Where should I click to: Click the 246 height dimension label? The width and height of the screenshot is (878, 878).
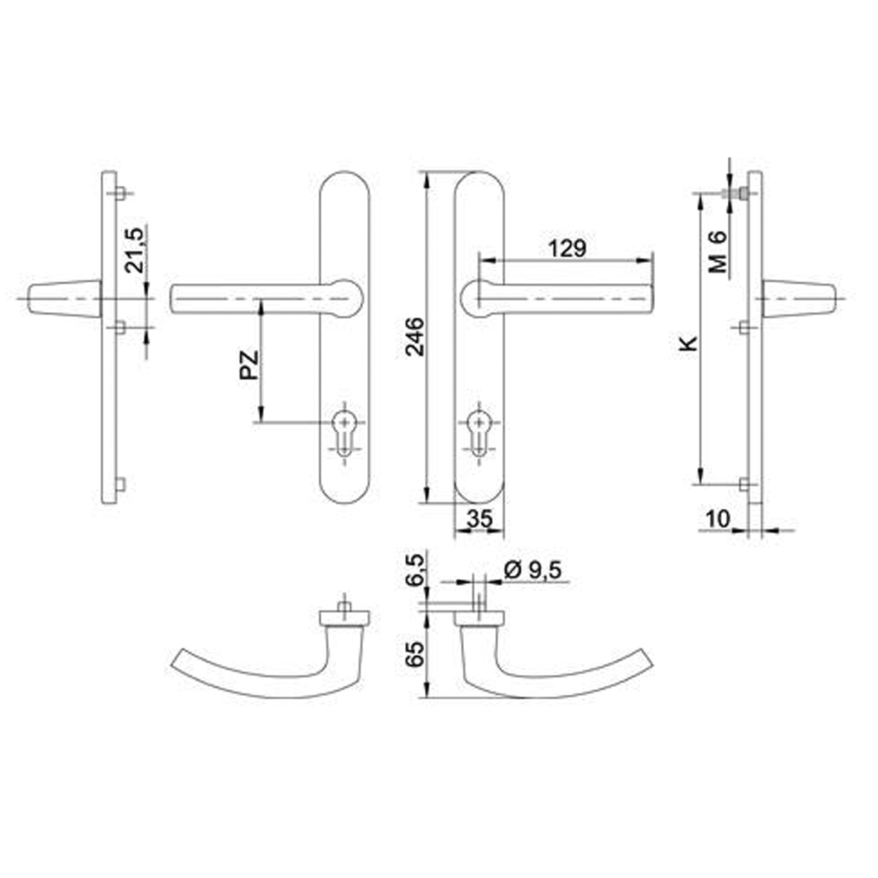point(416,337)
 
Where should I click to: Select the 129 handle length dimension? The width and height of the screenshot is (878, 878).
point(566,248)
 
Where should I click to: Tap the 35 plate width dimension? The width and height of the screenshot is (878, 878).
point(480,519)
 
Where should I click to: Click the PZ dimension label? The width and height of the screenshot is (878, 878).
point(249,365)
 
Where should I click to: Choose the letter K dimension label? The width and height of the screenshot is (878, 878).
point(688,343)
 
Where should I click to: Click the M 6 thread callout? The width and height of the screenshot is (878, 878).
point(717,252)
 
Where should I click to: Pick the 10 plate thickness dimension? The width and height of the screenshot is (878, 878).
point(718,519)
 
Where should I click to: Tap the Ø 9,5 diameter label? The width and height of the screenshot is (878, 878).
point(532,570)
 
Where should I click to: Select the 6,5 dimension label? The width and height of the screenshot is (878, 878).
point(416,569)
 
